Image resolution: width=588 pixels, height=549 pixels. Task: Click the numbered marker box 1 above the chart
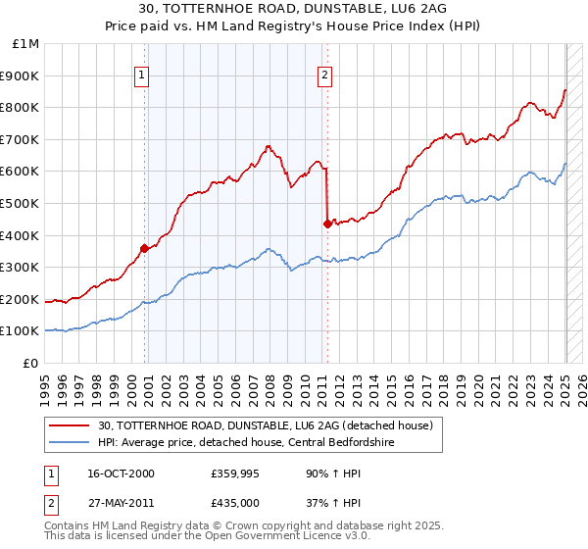click(x=142, y=74)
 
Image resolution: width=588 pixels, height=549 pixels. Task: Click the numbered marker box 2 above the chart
click(x=324, y=74)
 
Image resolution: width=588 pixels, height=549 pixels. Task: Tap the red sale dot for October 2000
click(x=144, y=248)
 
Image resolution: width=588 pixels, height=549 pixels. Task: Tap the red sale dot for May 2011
click(x=326, y=224)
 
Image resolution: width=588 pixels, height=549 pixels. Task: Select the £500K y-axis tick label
click(x=21, y=204)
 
